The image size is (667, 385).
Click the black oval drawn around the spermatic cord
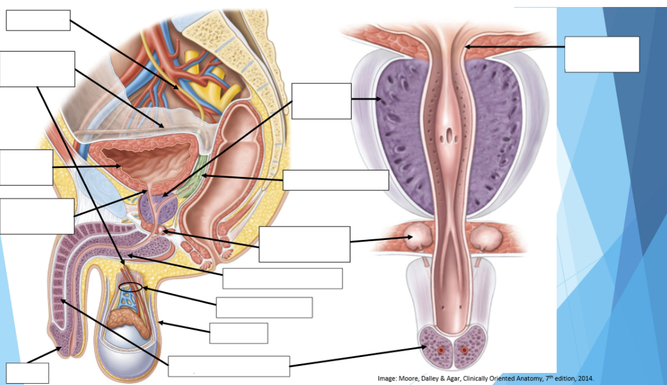click(x=130, y=287)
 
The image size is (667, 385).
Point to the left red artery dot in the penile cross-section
click(x=441, y=350)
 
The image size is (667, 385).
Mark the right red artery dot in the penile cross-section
click(x=464, y=350)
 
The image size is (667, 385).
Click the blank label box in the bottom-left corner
click(x=27, y=373)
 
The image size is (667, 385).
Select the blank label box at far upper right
click(x=602, y=54)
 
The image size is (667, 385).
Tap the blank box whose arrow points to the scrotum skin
click(x=239, y=333)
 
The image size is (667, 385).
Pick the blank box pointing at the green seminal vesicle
click(x=335, y=180)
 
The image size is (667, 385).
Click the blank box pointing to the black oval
click(x=264, y=307)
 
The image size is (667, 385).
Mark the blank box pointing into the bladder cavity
click(x=26, y=167)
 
